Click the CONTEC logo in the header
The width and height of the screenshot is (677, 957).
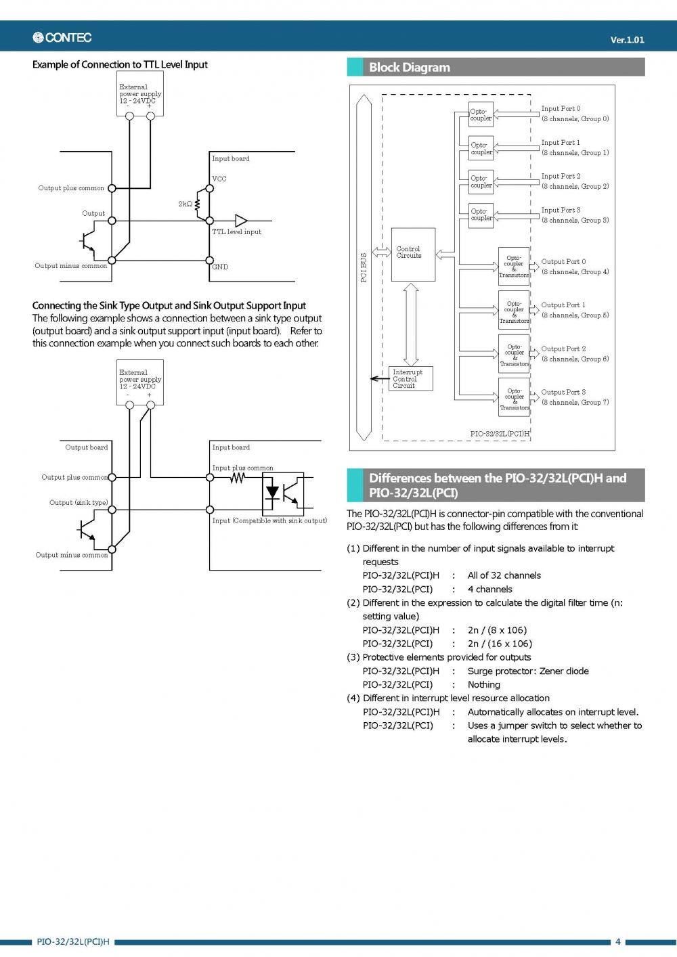pyautogui.click(x=62, y=38)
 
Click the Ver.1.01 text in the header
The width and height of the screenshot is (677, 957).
pyautogui.click(x=627, y=40)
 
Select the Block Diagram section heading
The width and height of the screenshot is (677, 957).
pyautogui.click(x=409, y=68)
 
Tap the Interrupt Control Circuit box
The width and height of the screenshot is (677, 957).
pyautogui.click(x=410, y=379)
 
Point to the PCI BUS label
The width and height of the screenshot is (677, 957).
pyautogui.click(x=364, y=268)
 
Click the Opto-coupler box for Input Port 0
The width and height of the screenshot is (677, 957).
pyautogui.click(x=481, y=114)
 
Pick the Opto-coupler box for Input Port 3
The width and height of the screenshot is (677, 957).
pyautogui.click(x=481, y=215)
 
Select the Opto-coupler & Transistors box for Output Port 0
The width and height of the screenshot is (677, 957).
pyautogui.click(x=514, y=266)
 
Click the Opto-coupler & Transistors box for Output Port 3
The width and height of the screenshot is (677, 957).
pyautogui.click(x=515, y=396)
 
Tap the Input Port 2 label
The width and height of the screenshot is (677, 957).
pyautogui.click(x=561, y=176)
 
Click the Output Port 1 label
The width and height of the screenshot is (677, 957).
pyautogui.click(x=563, y=305)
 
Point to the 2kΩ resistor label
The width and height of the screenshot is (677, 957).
pyautogui.click(x=185, y=204)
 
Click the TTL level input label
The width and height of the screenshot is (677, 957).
pyautogui.click(x=236, y=232)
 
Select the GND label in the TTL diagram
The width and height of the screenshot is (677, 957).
pyautogui.click(x=220, y=267)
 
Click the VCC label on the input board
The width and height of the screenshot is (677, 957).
pyautogui.click(x=219, y=179)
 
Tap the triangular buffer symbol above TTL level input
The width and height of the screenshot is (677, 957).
pyautogui.click(x=241, y=221)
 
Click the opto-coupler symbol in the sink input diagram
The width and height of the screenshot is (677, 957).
pyautogui.click(x=283, y=494)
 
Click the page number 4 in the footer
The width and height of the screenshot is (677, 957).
pyautogui.click(x=617, y=941)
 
